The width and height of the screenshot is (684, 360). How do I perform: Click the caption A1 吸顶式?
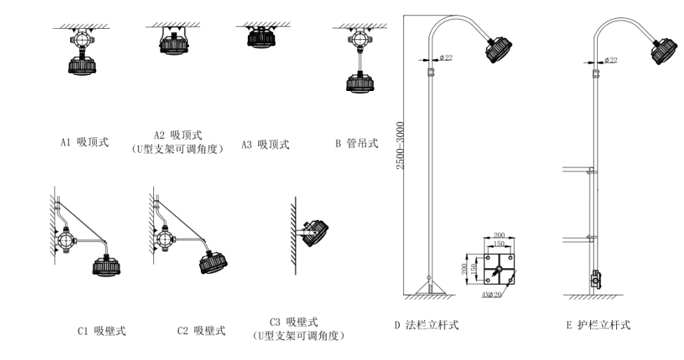(x=84, y=143)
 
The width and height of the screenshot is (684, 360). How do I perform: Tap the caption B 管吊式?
(x=356, y=144)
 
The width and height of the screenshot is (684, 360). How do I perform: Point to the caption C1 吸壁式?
(x=102, y=331)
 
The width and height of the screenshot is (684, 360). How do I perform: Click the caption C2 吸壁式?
(x=201, y=331)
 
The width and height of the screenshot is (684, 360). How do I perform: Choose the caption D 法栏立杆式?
(x=427, y=325)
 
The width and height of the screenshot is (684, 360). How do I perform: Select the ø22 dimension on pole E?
(x=610, y=60)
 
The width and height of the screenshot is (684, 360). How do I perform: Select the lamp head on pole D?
(x=501, y=48)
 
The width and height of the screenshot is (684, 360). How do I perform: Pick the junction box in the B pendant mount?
(x=358, y=46)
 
